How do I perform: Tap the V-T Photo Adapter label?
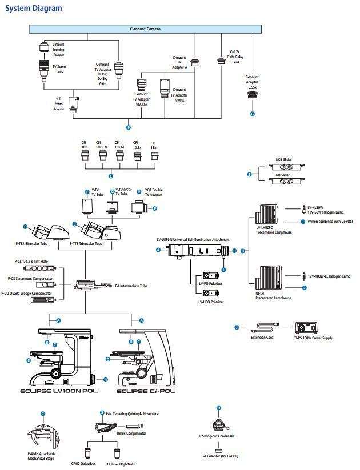coord(58,105)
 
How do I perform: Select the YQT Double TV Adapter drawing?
coord(140,209)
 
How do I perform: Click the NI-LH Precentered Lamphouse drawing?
coord(275,279)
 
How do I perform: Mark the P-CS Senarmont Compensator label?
coord(30,278)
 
